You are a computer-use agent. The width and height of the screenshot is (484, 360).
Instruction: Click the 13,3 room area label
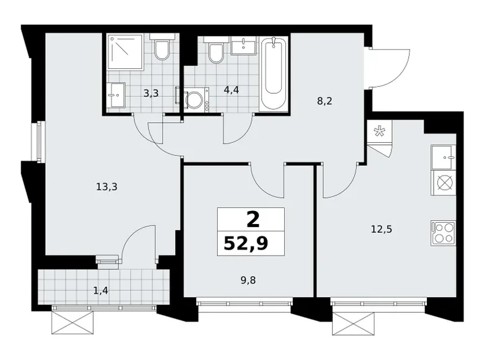(107, 187)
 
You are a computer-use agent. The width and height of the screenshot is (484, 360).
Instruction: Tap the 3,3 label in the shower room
(151, 93)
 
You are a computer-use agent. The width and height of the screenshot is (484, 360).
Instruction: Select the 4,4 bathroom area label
(231, 90)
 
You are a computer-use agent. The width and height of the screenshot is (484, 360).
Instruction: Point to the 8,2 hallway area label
(325, 101)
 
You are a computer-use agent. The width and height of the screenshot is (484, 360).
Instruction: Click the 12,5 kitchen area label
(381, 230)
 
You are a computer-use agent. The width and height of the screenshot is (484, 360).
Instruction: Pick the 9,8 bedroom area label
(248, 281)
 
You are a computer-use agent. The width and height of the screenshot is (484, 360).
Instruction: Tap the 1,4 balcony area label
(101, 290)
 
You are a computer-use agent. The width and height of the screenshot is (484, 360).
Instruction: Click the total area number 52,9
(246, 243)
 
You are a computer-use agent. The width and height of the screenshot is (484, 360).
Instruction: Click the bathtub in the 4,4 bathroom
(274, 74)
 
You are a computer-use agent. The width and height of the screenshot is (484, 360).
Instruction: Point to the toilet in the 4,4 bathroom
(216, 50)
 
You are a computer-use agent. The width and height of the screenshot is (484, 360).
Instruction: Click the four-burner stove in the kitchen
(444, 233)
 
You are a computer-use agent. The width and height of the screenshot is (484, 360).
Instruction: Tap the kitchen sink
(443, 158)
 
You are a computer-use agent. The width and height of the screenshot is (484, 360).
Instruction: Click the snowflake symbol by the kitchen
(378, 132)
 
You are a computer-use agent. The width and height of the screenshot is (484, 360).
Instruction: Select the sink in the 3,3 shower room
(116, 95)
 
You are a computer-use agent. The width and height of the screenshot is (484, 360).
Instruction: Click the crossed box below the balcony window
(72, 323)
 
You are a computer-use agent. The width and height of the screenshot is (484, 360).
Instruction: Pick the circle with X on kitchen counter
(444, 182)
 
